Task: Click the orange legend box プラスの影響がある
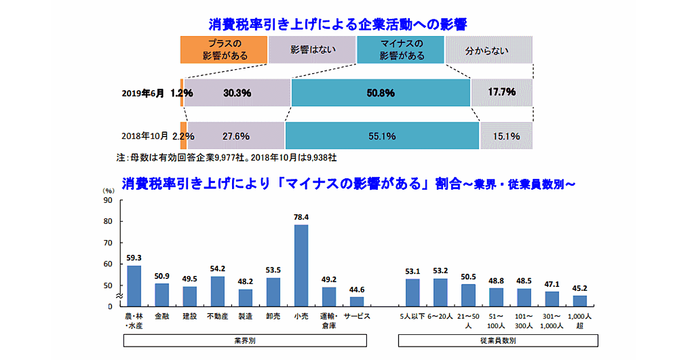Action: pos(224,50)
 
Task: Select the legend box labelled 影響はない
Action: pos(312,50)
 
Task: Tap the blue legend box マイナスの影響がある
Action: pos(400,50)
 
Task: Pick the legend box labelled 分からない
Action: pos(489,50)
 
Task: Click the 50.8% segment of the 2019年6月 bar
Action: pos(381,93)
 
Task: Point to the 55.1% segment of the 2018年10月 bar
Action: pos(382,136)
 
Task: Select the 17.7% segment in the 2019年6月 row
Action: pos(502,93)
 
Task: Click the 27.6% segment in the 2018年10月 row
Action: pos(236,136)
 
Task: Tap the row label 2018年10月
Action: pos(145,136)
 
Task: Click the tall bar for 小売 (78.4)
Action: pos(301,265)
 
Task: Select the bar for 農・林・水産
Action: pos(134,286)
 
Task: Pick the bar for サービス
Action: pos(357,301)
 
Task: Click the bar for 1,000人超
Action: pos(580,301)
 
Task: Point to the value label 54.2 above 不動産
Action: pos(217,269)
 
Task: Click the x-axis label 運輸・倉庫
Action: pos(329,320)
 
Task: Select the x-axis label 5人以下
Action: pos(413,316)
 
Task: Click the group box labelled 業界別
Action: pos(245,341)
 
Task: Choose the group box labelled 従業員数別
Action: pos(498,341)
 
